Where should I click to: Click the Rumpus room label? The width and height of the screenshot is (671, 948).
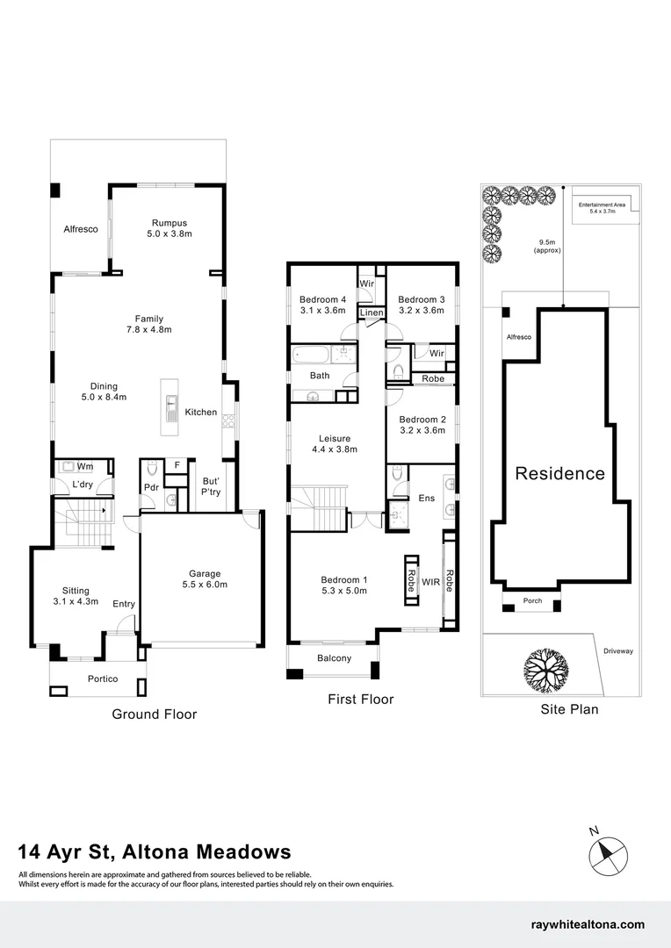[170, 223]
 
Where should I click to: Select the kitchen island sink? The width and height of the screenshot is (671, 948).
[170, 408]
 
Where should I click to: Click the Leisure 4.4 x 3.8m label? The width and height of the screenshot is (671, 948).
[335, 443]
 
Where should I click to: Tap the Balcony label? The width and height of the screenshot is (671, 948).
[334, 658]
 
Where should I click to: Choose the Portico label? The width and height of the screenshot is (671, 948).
[103, 679]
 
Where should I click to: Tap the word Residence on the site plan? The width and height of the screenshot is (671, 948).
[559, 473]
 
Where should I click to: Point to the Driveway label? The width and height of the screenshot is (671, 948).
[618, 651]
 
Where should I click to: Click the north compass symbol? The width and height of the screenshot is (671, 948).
[609, 852]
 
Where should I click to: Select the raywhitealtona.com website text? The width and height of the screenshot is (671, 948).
[588, 924]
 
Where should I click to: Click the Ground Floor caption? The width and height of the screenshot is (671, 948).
[154, 715]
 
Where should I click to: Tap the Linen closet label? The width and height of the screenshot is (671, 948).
[372, 313]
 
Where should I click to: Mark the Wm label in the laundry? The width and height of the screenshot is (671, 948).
[85, 466]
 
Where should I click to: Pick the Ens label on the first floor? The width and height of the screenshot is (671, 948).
[427, 499]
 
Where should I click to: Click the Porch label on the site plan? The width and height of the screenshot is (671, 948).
[533, 601]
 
